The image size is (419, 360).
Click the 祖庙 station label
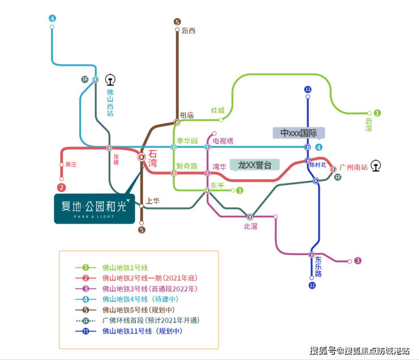(187, 115)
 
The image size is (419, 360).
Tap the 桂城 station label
(217, 110)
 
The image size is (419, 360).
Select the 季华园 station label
(187, 140)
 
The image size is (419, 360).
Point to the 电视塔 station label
(223, 140)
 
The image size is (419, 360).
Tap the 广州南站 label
(353, 167)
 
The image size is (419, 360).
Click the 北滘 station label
(250, 226)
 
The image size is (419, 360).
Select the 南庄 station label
(71, 164)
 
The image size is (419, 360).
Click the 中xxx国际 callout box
(299, 132)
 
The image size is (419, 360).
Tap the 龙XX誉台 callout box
(255, 165)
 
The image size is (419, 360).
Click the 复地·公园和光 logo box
(95, 208)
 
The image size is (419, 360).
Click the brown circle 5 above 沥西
(177, 22)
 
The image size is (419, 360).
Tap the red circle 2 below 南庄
(62, 187)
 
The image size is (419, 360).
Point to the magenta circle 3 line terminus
(358, 261)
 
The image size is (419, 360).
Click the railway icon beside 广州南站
(377, 166)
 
